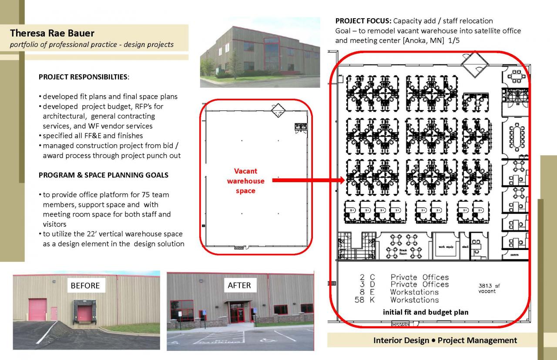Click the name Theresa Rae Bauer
point(52,33)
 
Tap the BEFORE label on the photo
point(85,286)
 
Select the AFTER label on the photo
point(239,285)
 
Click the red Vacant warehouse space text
point(245,181)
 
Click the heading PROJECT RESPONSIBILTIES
point(84,77)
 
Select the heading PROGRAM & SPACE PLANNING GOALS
point(104,175)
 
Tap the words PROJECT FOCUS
point(363,21)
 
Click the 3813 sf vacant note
point(486,288)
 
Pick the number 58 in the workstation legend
point(360,300)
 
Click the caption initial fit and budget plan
point(426,312)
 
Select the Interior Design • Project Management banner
point(445,340)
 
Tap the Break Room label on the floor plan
point(403,251)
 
